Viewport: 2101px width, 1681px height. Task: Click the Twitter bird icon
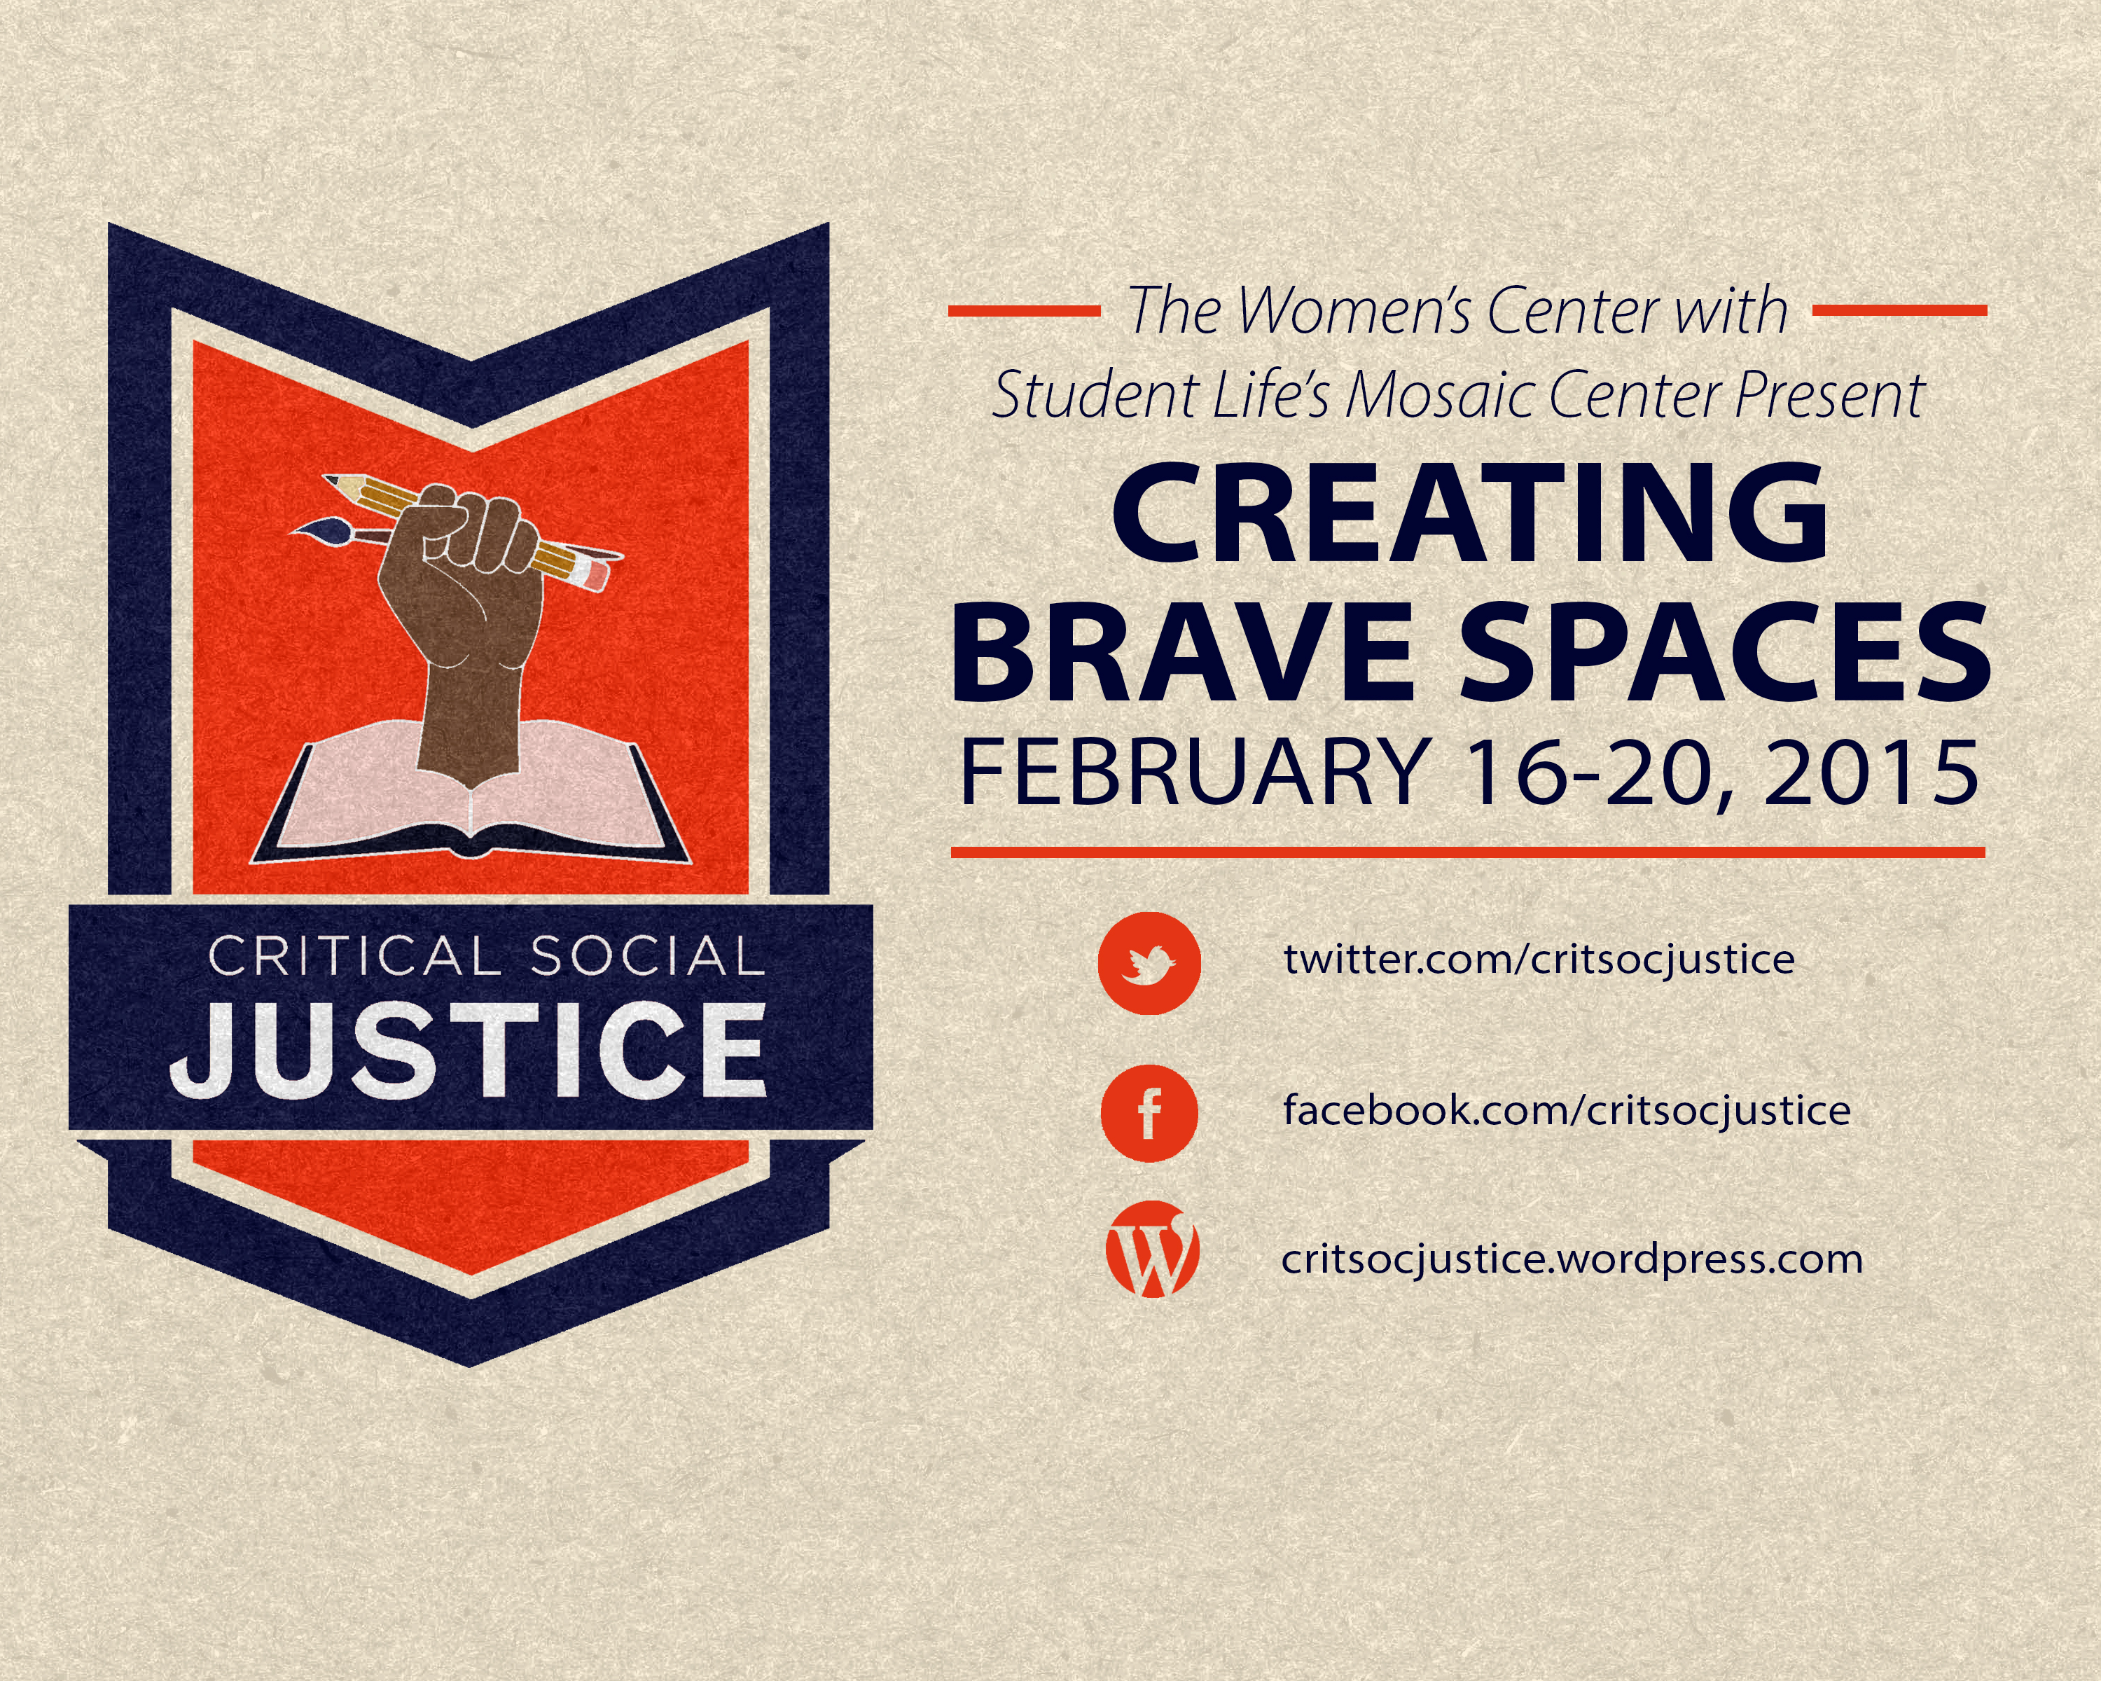pyautogui.click(x=1150, y=963)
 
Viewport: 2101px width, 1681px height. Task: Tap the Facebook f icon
pyautogui.click(x=1150, y=1113)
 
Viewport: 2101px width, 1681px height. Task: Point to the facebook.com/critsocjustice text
pyautogui.click(x=1567, y=1110)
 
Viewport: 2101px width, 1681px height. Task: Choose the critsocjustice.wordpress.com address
pyautogui.click(x=1572, y=1259)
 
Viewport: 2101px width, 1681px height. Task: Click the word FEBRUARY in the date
pyautogui.click(x=1195, y=773)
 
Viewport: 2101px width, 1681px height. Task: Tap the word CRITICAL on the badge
pyautogui.click(x=354, y=956)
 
